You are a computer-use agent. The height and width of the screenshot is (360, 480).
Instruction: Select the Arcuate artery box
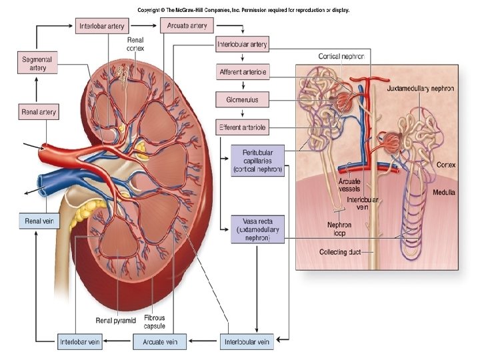pos(187,26)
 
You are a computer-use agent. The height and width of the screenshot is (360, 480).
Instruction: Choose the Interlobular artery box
pos(243,45)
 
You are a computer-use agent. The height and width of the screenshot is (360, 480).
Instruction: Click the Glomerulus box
pos(243,100)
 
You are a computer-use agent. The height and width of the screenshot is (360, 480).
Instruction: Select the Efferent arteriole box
pos(243,127)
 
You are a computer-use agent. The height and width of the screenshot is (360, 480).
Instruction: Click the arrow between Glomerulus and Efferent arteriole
pos(243,113)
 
